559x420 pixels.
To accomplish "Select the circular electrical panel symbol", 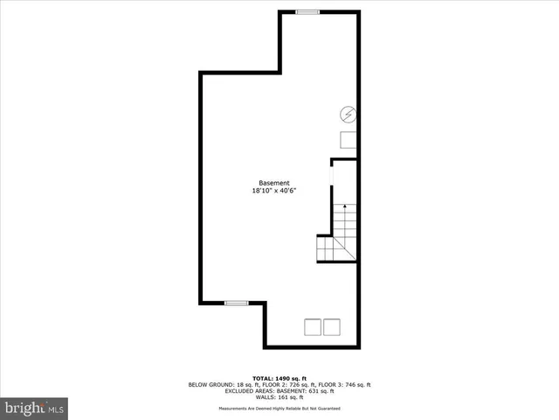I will coord(348,114).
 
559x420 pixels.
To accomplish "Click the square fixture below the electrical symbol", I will coord(349,141).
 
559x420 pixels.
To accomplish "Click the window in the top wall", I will coord(307,11).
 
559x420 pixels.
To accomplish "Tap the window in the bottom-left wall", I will coord(236,303).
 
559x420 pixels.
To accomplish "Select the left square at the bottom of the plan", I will coord(312,327).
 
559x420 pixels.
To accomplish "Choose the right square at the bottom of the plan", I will coord(332,327).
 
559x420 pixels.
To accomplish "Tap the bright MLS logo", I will coord(35,408).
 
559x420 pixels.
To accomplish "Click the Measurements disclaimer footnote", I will coord(279,409).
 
